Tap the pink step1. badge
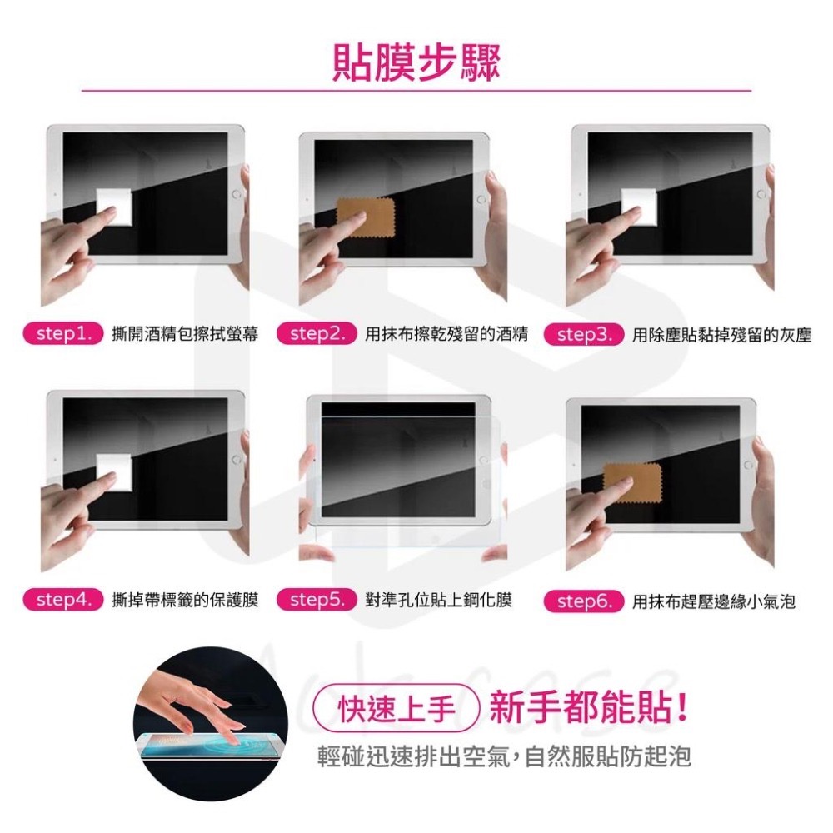coord(63,334)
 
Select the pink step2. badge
coord(317,334)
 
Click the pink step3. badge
coord(583,335)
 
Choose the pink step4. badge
coord(63,599)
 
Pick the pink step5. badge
coord(317,599)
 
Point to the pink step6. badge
coord(583,601)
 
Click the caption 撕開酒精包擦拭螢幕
coord(184,334)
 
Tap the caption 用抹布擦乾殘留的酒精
coord(446,334)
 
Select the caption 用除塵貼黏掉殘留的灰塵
coord(721,335)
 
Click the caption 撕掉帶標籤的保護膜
coord(184,599)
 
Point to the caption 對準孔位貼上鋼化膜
coord(438,599)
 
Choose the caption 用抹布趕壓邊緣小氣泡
coord(713,601)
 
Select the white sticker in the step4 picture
coord(115,471)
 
